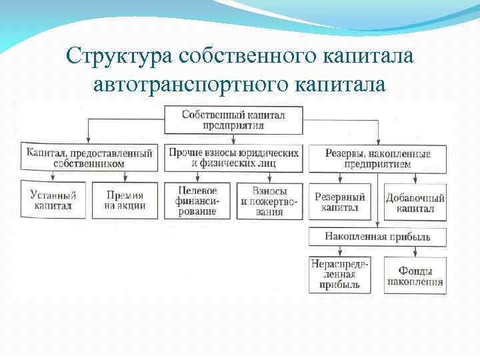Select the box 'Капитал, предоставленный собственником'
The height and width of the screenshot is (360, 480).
click(89, 157)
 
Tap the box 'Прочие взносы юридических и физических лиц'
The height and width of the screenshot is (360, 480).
click(233, 157)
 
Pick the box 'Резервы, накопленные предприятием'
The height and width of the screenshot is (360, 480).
click(377, 159)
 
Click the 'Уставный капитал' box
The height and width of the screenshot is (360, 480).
click(53, 201)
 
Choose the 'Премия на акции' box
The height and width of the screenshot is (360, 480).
click(124, 201)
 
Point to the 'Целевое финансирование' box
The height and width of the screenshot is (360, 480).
click(196, 201)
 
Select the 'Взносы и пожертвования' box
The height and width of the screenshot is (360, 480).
click(269, 201)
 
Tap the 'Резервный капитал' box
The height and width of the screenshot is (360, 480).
click(340, 202)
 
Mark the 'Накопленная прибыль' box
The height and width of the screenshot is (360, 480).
click(377, 237)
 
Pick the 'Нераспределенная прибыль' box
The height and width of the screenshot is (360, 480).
click(340, 275)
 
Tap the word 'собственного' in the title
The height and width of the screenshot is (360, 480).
click(244, 56)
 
